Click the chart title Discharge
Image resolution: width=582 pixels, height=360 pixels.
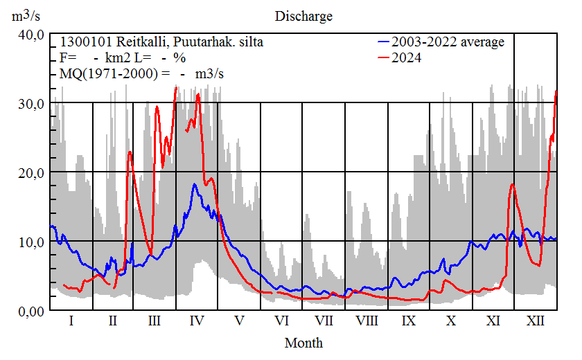303,16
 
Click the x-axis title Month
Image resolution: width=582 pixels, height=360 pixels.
303,343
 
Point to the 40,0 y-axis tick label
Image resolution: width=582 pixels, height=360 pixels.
31,35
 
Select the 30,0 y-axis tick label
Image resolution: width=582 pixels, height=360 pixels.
31,104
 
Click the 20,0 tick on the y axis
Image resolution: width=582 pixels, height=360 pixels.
31,173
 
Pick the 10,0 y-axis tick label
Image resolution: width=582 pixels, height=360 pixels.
31,242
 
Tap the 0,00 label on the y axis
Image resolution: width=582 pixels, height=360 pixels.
31,311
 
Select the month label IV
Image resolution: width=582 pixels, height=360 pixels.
197,322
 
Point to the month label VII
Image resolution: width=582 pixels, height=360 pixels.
324,322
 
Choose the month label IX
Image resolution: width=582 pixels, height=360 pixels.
408,322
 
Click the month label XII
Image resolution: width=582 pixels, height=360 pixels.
535,322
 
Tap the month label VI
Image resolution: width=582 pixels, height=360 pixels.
281,322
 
